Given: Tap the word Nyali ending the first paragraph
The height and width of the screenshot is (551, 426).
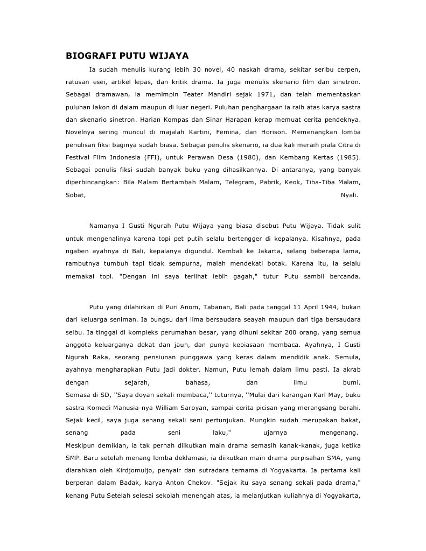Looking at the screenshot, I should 349,195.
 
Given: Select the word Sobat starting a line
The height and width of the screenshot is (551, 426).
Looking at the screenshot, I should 75,195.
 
